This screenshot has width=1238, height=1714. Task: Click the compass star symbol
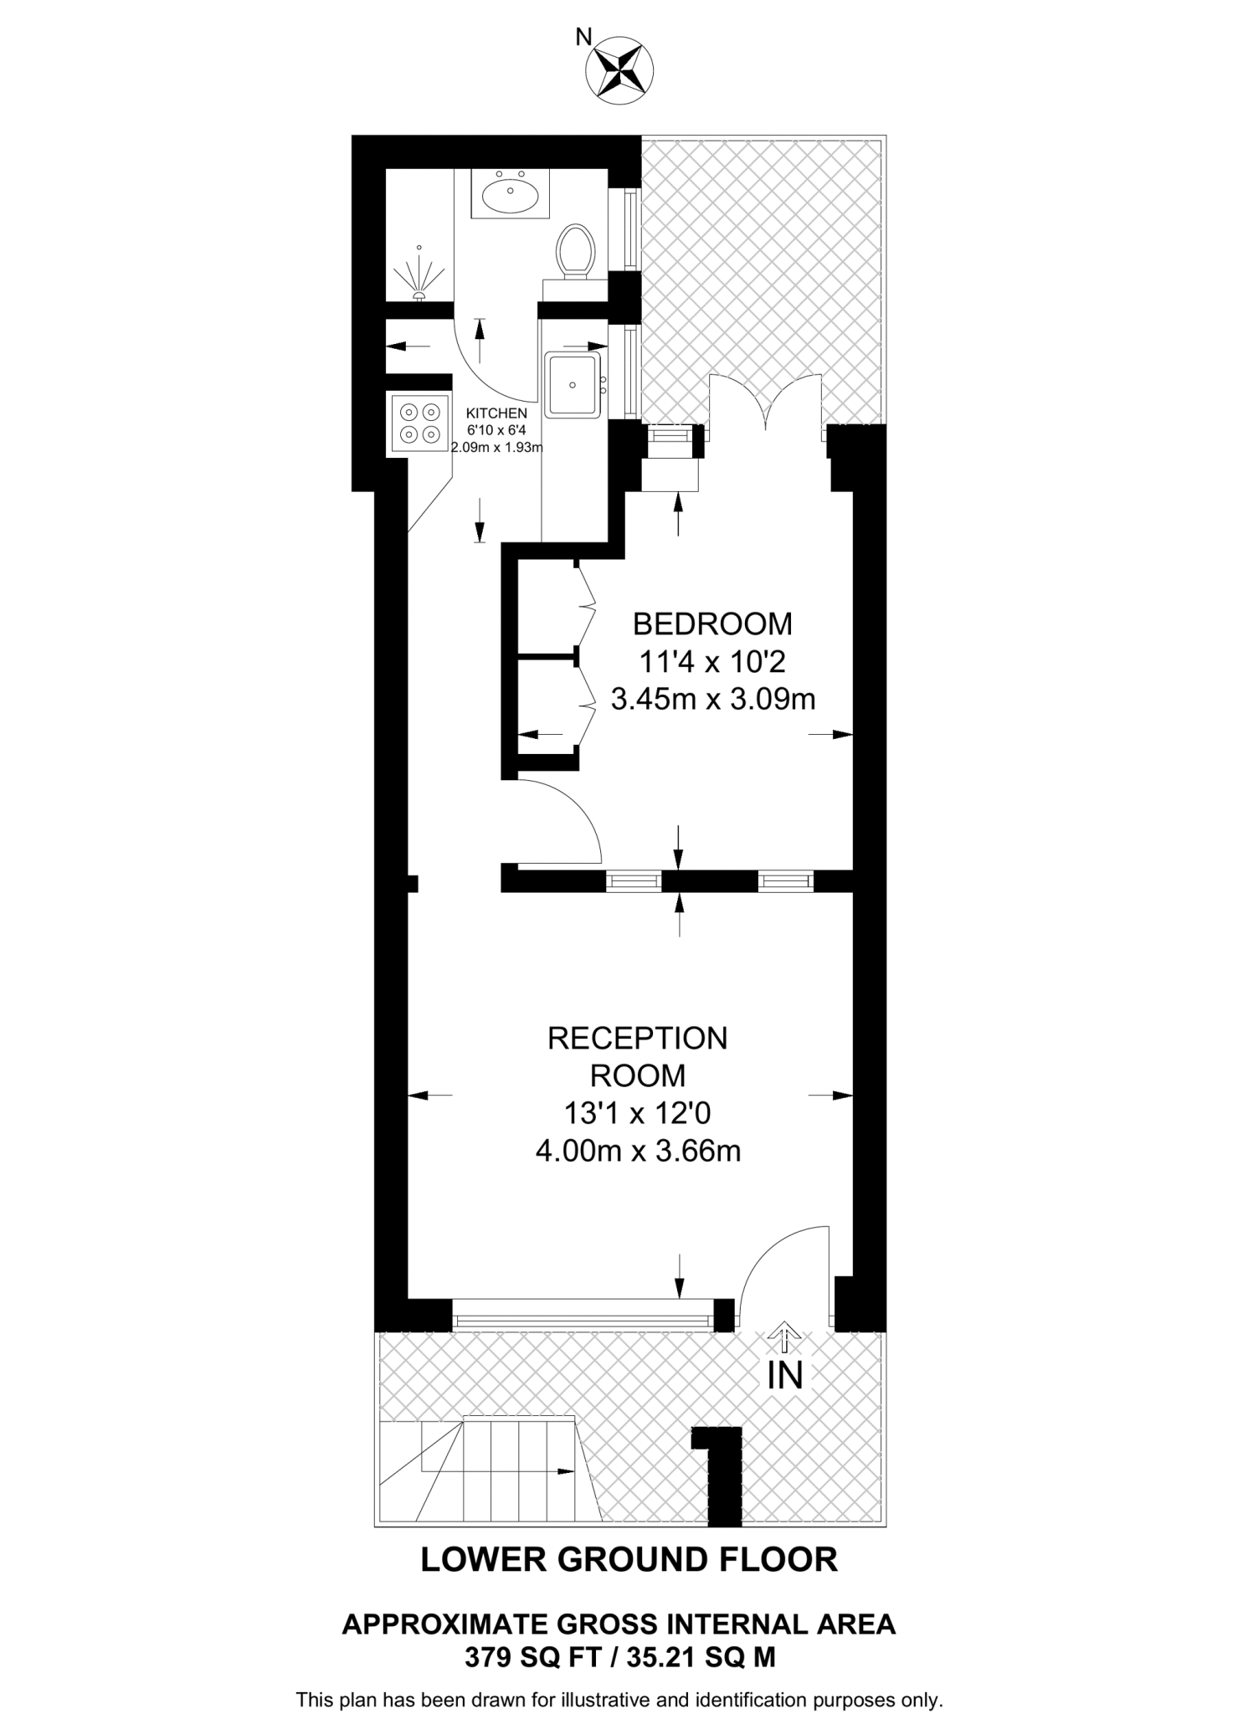click(x=619, y=70)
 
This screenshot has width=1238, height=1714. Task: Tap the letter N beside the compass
click(x=583, y=36)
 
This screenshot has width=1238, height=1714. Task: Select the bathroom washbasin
click(x=511, y=194)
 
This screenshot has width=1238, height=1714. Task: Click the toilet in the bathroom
click(x=575, y=249)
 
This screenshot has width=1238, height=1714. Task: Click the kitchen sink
click(x=573, y=384)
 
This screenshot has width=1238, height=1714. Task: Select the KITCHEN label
click(x=496, y=413)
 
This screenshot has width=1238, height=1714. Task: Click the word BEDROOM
click(x=712, y=624)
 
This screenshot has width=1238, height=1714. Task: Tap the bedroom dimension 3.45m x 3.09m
click(x=712, y=698)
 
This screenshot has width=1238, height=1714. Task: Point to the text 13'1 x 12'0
click(x=637, y=1113)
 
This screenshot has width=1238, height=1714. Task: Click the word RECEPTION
click(x=637, y=1038)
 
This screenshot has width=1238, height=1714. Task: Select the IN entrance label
click(x=784, y=1375)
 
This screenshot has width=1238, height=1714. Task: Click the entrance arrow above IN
click(x=783, y=1337)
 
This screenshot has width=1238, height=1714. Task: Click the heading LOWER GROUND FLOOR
click(x=629, y=1559)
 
